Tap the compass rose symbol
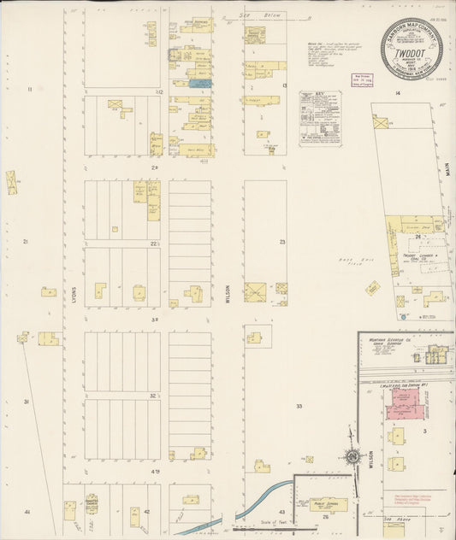pyautogui.click(x=352, y=457)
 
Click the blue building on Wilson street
pyautogui.click(x=199, y=83)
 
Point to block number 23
pyautogui.click(x=281, y=242)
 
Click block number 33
pyautogui.click(x=299, y=406)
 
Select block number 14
pyautogui.click(x=397, y=91)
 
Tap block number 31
pyautogui.click(x=27, y=401)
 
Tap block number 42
pyautogui.click(x=147, y=511)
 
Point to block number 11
pyautogui.click(x=29, y=89)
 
